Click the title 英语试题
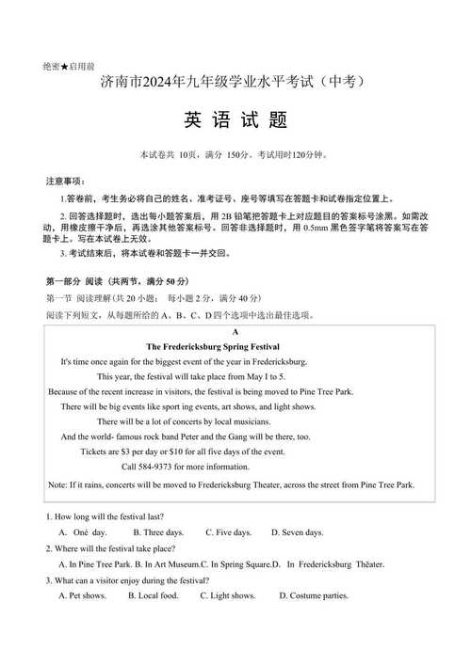(235, 121)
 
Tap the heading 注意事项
(65, 181)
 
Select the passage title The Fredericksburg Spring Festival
(235, 346)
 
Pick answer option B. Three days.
(158, 532)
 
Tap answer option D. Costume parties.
(314, 595)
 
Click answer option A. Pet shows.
(82, 595)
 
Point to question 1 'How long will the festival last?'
(105, 516)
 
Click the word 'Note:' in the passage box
(57, 484)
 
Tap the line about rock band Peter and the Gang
(185, 436)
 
